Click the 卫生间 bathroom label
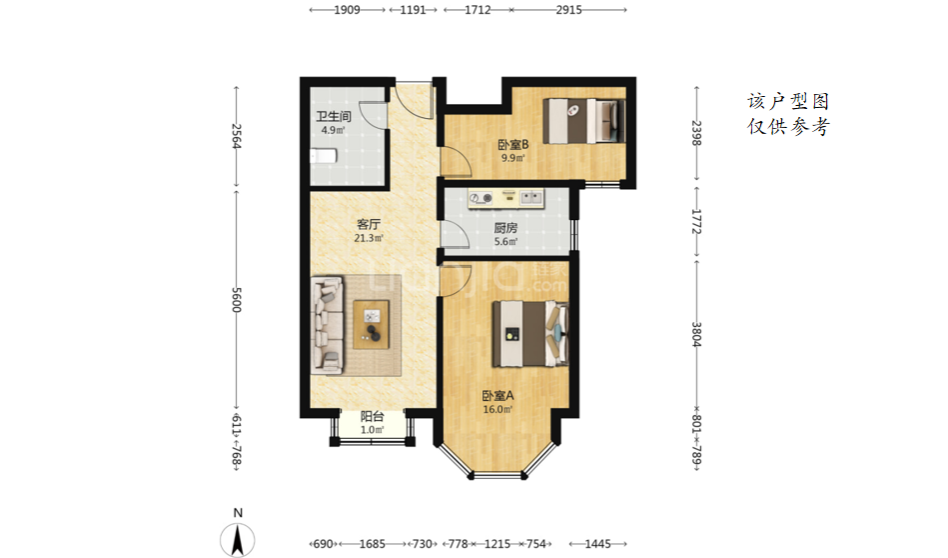(x=333, y=116)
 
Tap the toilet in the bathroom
(x=324, y=156)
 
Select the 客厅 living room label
(x=369, y=225)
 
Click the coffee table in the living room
(x=371, y=324)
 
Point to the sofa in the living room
(x=327, y=324)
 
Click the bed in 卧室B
(x=584, y=120)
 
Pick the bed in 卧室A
(x=530, y=334)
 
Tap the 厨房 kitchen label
(x=505, y=228)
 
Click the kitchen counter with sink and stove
(x=505, y=198)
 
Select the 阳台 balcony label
(x=373, y=416)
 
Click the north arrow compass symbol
(x=238, y=539)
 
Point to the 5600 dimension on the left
(x=237, y=300)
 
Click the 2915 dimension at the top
(x=569, y=10)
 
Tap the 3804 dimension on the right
(x=696, y=334)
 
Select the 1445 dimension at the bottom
(x=598, y=544)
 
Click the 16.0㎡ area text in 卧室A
(x=497, y=410)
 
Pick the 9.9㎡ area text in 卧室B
(x=513, y=159)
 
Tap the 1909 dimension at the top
(x=347, y=10)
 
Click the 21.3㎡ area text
(x=369, y=238)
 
